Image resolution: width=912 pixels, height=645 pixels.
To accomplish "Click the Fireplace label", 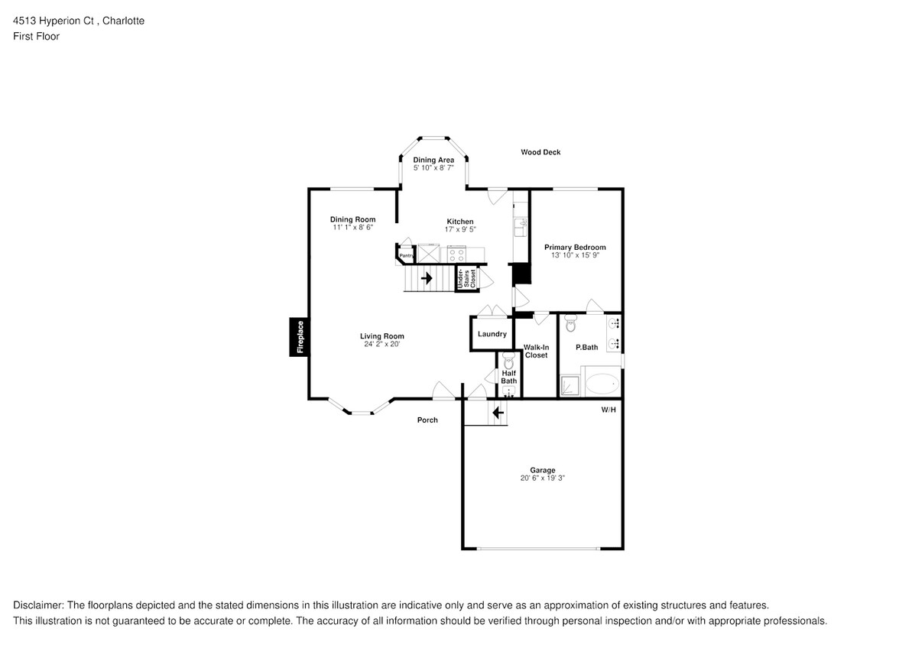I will (300, 336).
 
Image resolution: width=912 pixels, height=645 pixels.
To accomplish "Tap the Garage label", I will (543, 470).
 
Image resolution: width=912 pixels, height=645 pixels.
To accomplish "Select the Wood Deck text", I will (540, 152).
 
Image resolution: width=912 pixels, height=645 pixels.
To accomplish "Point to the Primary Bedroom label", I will (575, 247).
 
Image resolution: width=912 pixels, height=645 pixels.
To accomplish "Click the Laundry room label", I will (492, 334).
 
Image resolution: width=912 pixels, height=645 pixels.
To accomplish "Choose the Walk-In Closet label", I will (536, 352).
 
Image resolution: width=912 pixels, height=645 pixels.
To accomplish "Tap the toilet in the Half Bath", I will (509, 362).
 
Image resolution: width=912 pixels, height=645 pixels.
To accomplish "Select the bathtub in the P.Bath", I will (602, 383).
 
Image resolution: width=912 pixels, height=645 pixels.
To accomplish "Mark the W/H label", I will (609, 410).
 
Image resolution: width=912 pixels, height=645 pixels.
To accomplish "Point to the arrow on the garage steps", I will (498, 413).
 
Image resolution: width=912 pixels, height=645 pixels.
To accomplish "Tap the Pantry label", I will (407, 255).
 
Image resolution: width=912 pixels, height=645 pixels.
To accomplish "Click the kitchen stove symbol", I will (456, 254).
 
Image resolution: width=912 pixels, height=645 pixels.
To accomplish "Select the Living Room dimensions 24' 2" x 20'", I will (382, 345).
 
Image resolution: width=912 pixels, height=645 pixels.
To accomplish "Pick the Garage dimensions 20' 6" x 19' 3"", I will (543, 478).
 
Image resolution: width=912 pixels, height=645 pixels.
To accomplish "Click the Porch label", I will (427, 420).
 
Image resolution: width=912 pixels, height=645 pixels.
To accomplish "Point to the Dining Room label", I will (352, 219).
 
